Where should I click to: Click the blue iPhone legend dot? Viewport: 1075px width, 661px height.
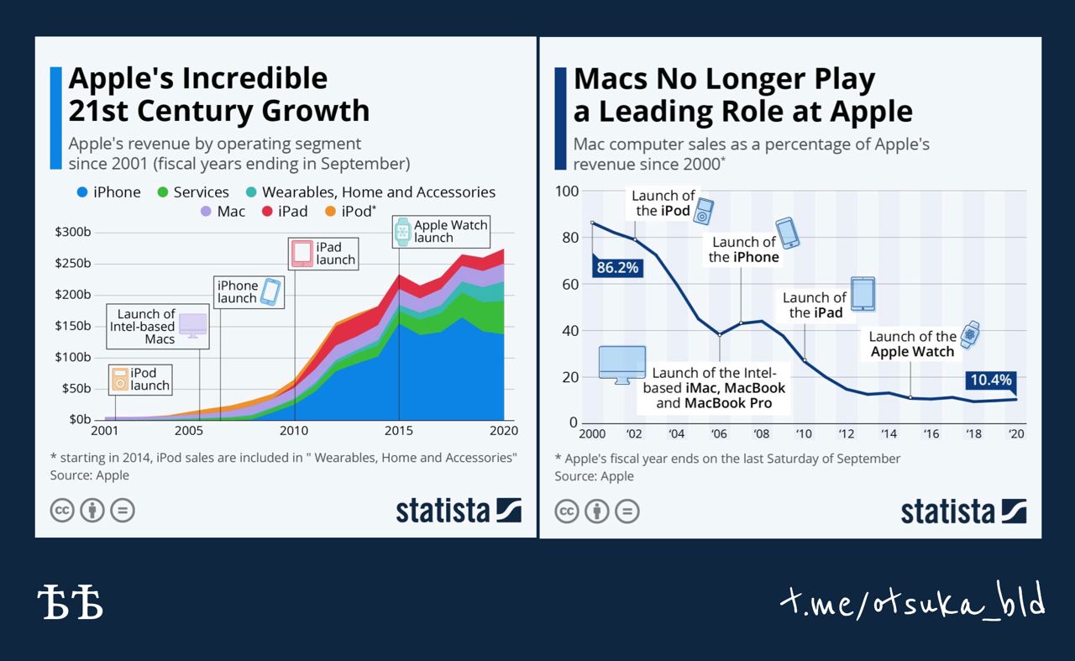82,192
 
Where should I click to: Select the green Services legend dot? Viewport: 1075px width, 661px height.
163,192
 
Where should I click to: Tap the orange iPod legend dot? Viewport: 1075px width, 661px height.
330,211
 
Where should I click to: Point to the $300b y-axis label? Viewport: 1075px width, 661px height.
72,232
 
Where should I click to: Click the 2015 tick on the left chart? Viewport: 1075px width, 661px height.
398,431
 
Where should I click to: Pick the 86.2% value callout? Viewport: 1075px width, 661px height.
617,267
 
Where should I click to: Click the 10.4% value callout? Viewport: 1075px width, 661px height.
991,380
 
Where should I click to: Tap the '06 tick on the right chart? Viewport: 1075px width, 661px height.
718,434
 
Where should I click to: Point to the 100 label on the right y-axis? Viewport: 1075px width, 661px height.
567,191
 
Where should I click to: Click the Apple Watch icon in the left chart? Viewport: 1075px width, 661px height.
402,232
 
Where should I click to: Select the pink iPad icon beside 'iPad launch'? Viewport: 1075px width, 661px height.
302,254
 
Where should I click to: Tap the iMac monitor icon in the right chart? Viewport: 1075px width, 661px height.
622,365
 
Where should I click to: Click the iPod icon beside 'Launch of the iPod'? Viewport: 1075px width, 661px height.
703,211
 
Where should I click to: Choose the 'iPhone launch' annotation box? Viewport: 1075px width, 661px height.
249,291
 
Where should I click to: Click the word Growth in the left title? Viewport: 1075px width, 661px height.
315,112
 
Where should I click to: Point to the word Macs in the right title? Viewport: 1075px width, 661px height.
611,79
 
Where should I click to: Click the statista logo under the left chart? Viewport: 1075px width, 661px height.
459,511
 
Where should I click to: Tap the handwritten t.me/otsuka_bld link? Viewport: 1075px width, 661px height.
912,601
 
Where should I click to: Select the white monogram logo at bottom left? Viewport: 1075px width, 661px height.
71,602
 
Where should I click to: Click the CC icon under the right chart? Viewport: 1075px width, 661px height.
567,511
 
